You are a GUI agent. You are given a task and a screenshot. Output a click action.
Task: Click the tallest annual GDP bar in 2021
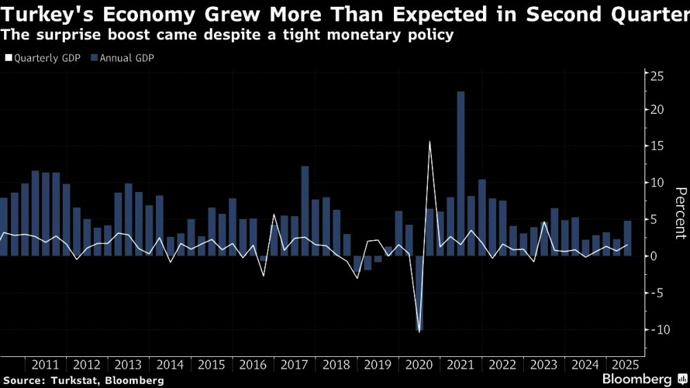pyautogui.click(x=461, y=173)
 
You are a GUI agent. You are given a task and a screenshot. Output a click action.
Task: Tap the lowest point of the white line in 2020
pyautogui.click(x=420, y=331)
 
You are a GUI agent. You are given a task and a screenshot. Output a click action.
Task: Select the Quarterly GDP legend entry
pyautogui.click(x=43, y=58)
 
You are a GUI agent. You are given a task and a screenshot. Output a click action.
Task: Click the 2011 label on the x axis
pyautogui.click(x=46, y=365)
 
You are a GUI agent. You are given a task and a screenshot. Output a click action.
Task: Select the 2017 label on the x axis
pyautogui.click(x=295, y=365)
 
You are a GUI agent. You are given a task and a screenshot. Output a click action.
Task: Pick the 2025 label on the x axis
pyautogui.click(x=624, y=365)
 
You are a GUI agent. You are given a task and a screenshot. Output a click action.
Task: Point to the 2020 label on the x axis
pyautogui.click(x=420, y=365)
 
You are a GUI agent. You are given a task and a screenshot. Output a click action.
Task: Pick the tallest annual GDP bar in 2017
pyautogui.click(x=305, y=211)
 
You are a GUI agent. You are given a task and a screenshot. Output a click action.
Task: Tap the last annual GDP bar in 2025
pyautogui.click(x=628, y=238)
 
